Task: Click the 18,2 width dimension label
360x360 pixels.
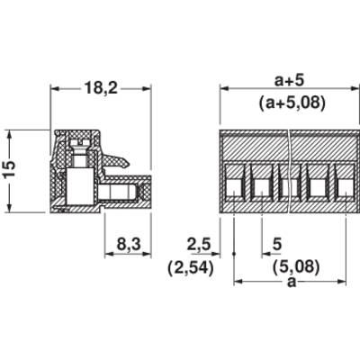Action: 101,88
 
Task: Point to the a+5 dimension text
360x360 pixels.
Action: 290,80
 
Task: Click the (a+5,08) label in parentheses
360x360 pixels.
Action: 292,103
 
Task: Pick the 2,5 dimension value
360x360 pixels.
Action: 199,245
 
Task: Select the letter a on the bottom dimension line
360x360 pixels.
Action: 292,282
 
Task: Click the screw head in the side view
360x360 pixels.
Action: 80,143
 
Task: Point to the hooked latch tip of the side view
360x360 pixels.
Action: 127,164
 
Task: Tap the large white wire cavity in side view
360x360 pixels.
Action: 80,186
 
